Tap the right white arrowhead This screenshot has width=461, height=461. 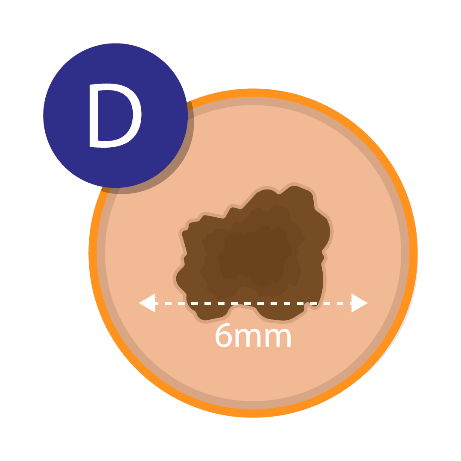coord(359,303)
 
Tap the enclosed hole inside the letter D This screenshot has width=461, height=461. coord(117,115)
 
